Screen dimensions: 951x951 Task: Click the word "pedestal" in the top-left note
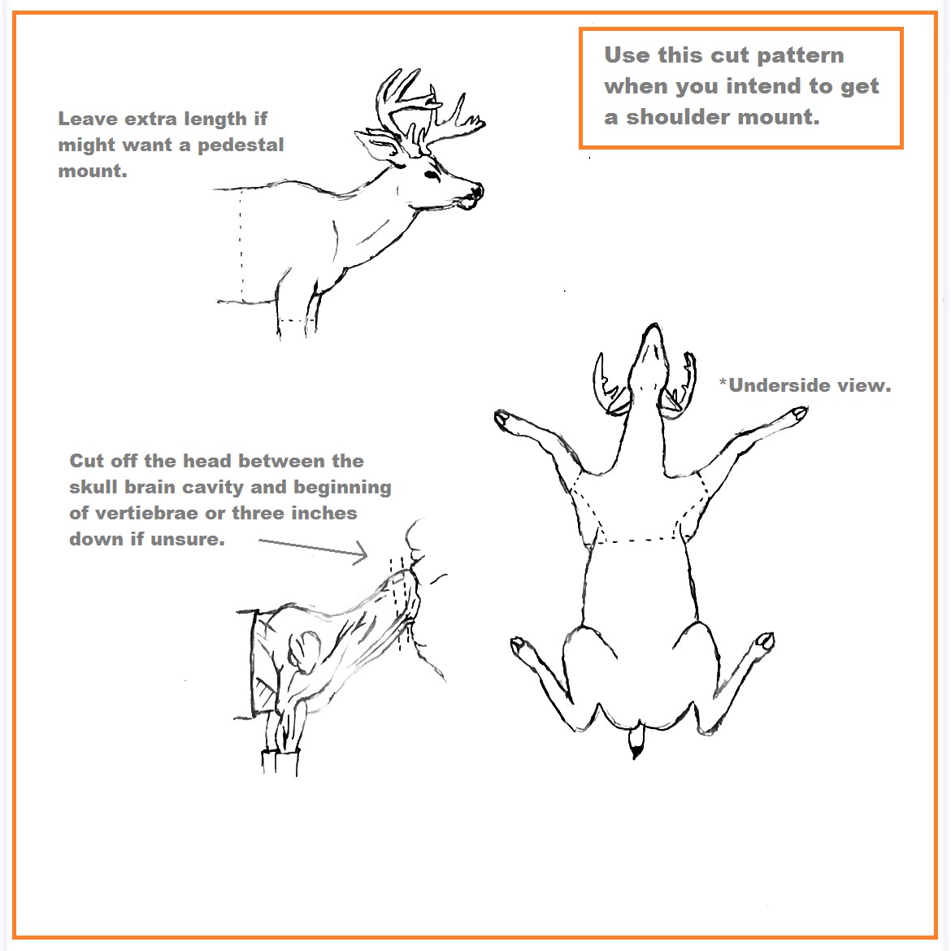tap(241, 145)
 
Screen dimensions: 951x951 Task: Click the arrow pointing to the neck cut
tap(313, 549)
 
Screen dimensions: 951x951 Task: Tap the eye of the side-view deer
tap(432, 176)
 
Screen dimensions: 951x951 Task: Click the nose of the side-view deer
tap(478, 191)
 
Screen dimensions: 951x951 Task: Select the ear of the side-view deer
tap(376, 145)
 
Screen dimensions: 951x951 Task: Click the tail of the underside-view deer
tap(635, 741)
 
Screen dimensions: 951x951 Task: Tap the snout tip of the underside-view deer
tap(653, 328)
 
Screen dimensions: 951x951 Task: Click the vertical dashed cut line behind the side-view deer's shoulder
tap(241, 245)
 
